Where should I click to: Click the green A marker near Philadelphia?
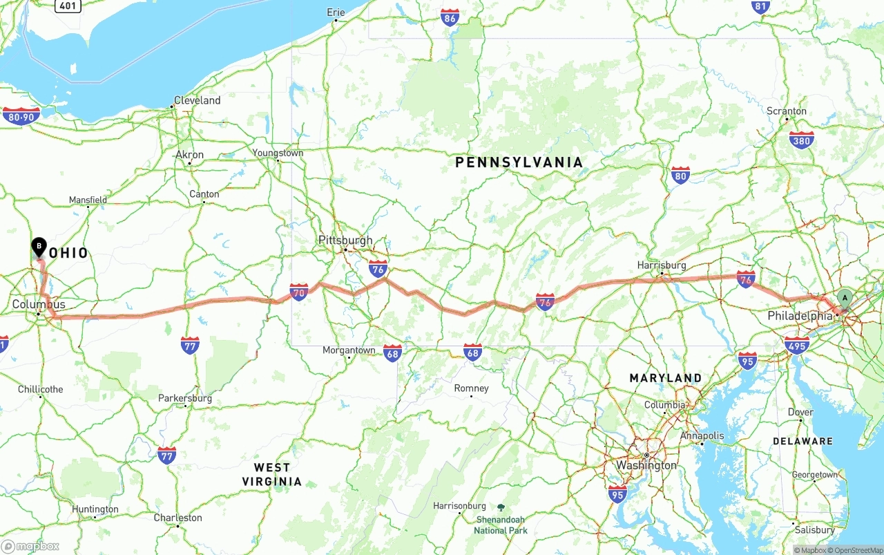[844, 299]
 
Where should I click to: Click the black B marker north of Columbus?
[39, 246]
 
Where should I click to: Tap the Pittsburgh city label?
[345, 241]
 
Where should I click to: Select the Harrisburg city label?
[662, 265]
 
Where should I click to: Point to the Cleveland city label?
[197, 100]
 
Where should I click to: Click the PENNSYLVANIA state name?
[519, 162]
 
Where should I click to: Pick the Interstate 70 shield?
[299, 292]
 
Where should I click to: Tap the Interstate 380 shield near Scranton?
[801, 140]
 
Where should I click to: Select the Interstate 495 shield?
[797, 345]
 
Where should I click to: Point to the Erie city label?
[336, 12]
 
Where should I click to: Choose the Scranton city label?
[786, 111]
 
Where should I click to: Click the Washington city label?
[646, 465]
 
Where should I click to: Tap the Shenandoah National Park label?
[501, 525]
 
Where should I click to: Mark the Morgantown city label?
[349, 350]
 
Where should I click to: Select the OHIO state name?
[69, 253]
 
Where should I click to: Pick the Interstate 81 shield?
[760, 7]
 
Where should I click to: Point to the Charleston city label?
[177, 518]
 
